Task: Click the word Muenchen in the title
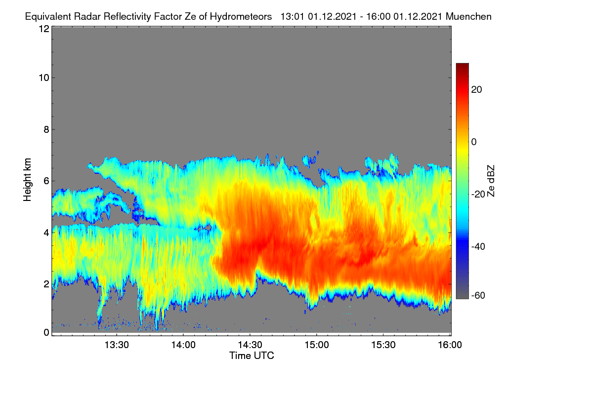468,17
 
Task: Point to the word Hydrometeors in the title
241,17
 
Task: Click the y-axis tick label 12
44,29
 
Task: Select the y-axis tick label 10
44,78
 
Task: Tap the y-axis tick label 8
46,130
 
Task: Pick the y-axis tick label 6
46,181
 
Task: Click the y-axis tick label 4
46,233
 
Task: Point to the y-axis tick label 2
46,284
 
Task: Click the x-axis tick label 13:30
117,345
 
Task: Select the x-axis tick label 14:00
183,345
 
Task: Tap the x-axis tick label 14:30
250,345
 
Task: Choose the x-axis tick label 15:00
317,345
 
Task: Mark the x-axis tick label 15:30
383,345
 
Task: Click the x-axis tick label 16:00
450,345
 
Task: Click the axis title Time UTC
252,355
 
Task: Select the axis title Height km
27,180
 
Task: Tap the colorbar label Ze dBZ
491,181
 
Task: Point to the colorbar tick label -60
478,296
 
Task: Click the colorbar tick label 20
476,90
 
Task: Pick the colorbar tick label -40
478,247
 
